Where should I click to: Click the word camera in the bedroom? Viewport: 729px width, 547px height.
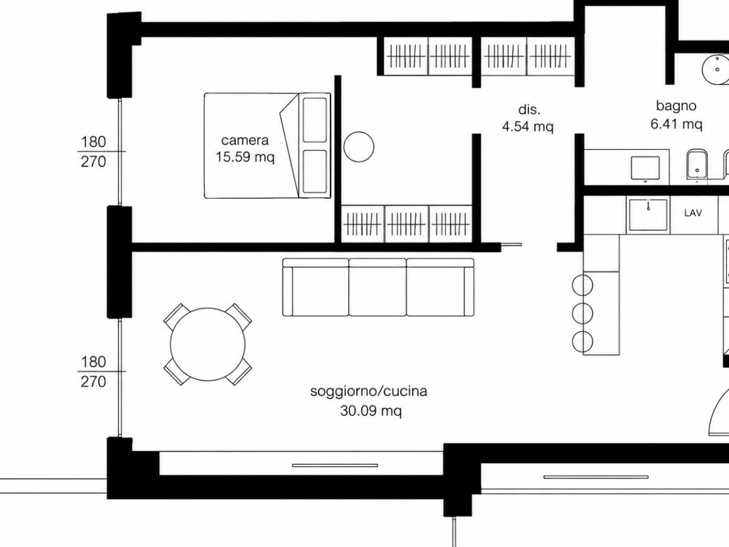[x=245, y=140]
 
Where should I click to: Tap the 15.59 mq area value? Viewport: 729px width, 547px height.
[x=245, y=157]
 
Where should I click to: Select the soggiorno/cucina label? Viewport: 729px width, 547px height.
[x=369, y=391]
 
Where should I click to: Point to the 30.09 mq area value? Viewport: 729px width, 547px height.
[x=371, y=411]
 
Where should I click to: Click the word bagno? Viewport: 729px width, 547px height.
[x=676, y=106]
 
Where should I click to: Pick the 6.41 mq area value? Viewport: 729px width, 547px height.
[x=676, y=124]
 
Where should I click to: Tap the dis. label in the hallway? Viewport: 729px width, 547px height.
[x=529, y=109]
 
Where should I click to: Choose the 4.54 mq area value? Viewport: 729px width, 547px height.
[x=528, y=126]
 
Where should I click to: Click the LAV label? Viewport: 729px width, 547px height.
[x=693, y=213]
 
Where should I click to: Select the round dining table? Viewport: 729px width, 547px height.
[x=208, y=345]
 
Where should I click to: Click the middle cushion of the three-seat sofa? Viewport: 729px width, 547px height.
[x=378, y=287]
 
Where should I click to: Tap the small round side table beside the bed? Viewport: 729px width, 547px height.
[x=358, y=147]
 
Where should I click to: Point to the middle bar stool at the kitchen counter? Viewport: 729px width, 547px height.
[x=583, y=313]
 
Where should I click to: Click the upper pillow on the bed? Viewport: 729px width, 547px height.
[x=315, y=120]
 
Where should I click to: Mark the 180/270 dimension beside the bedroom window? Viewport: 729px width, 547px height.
[x=94, y=152]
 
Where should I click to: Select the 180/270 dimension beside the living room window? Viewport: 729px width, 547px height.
[x=94, y=371]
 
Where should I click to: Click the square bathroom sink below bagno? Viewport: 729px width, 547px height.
[x=645, y=168]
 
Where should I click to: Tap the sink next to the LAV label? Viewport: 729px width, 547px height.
[x=648, y=215]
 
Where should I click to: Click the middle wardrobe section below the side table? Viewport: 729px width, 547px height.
[x=406, y=224]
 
